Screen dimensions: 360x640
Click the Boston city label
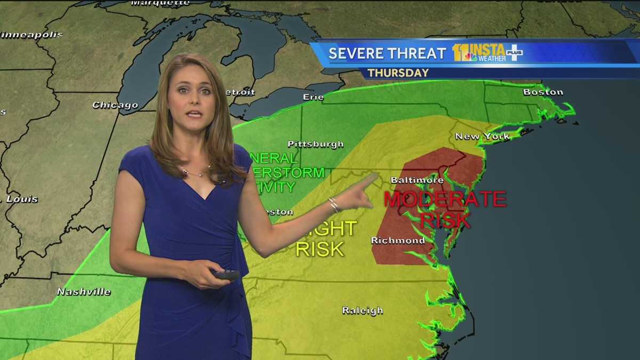(543, 92)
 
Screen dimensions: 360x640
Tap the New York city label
(482, 137)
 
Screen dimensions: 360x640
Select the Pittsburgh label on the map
(315, 144)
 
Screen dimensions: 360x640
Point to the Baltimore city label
(417, 180)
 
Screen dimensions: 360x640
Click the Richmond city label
(398, 241)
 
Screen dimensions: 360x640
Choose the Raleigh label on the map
(363, 310)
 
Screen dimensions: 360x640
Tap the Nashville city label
(84, 292)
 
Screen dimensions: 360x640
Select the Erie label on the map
(313, 97)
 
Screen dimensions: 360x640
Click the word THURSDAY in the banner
(398, 73)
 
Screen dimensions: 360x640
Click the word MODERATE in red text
(445, 199)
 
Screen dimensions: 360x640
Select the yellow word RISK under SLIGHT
(319, 249)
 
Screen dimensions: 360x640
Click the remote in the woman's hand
(227, 275)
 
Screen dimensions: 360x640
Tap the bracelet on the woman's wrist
(334, 204)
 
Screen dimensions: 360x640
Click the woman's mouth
(194, 114)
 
